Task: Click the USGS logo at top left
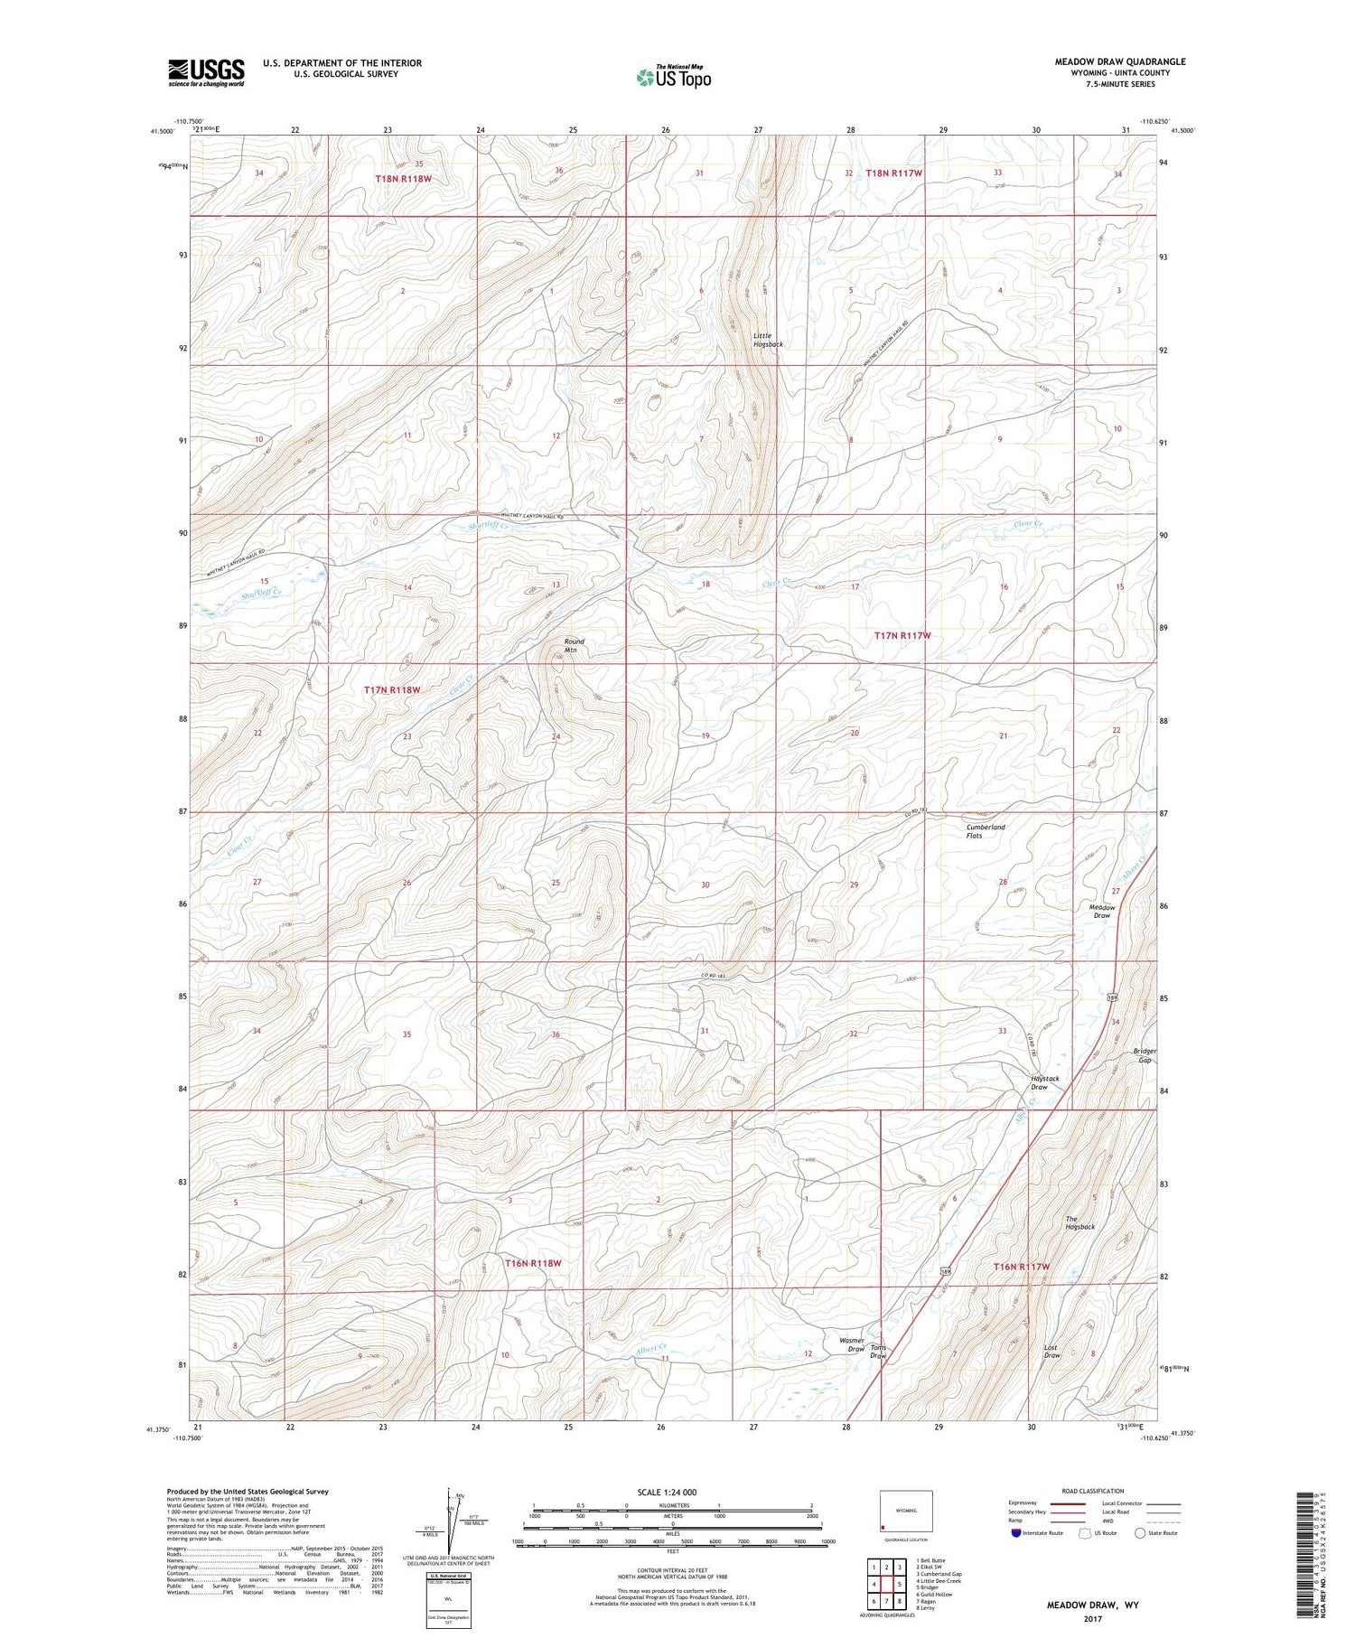point(206,72)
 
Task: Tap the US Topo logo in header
point(673,77)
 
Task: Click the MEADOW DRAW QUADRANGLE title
point(1120,61)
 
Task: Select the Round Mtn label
point(575,645)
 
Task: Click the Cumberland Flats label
point(986,831)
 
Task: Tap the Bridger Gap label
point(1145,1055)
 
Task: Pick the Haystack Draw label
point(1045,1082)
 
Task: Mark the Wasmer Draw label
point(852,1344)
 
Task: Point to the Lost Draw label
point(1051,1352)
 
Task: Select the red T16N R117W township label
point(1022,1267)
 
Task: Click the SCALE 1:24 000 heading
point(667,1492)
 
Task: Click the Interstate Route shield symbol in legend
point(1016,1533)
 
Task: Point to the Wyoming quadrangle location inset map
point(906,1512)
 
